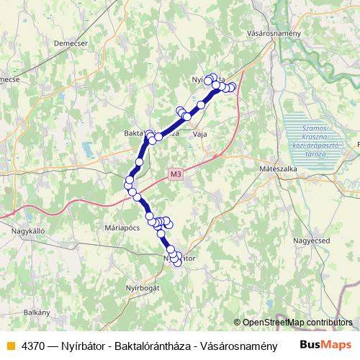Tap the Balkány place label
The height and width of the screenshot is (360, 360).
click(36, 312)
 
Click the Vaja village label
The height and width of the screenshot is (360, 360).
click(200, 134)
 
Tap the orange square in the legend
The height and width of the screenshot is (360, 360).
click(9, 345)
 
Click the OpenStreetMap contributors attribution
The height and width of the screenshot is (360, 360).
click(297, 322)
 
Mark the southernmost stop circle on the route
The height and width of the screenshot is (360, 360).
click(177, 263)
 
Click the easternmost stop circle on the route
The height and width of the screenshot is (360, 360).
click(232, 87)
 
